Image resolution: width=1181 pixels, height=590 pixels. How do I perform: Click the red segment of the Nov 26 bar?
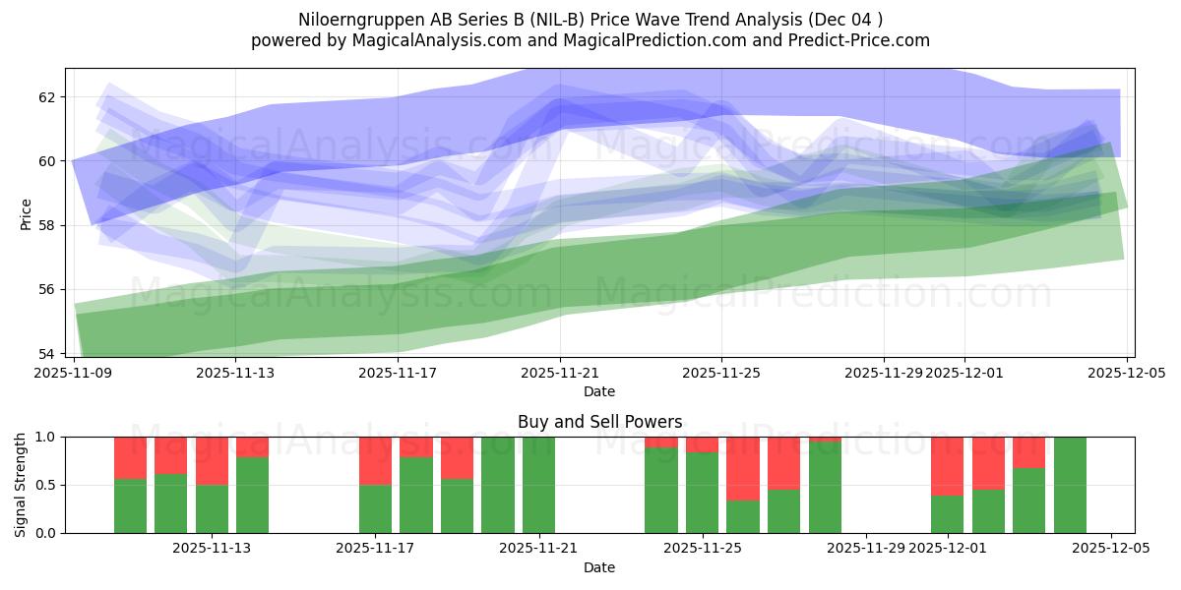pyautogui.click(x=743, y=468)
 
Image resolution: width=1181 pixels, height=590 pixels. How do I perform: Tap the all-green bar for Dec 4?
pyautogui.click(x=1070, y=485)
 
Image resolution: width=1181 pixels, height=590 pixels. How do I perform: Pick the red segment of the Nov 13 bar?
pyautogui.click(x=212, y=460)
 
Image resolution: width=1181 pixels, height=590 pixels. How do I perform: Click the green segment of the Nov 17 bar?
pyautogui.click(x=375, y=508)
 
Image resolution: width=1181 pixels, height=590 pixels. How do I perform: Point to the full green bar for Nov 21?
pyautogui.click(x=538, y=485)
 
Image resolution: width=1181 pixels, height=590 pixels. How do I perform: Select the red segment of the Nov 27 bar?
pyautogui.click(x=783, y=462)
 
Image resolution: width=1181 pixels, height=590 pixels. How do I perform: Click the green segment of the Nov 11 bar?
pyautogui.click(x=171, y=503)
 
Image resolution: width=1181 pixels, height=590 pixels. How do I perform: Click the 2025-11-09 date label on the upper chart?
pyautogui.click(x=74, y=373)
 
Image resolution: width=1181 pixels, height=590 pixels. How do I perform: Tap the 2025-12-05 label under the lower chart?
pyautogui.click(x=1110, y=549)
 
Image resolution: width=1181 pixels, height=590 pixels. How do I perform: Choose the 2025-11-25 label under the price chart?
pyautogui.click(x=721, y=373)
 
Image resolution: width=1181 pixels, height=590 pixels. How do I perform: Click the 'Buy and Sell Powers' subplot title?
pyautogui.click(x=599, y=422)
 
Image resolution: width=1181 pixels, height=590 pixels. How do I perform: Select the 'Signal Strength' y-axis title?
pyautogui.click(x=21, y=485)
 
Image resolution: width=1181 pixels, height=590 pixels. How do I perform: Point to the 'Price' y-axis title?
pyautogui.click(x=26, y=213)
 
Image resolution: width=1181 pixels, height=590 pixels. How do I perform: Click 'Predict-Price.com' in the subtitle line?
pyautogui.click(x=856, y=40)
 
